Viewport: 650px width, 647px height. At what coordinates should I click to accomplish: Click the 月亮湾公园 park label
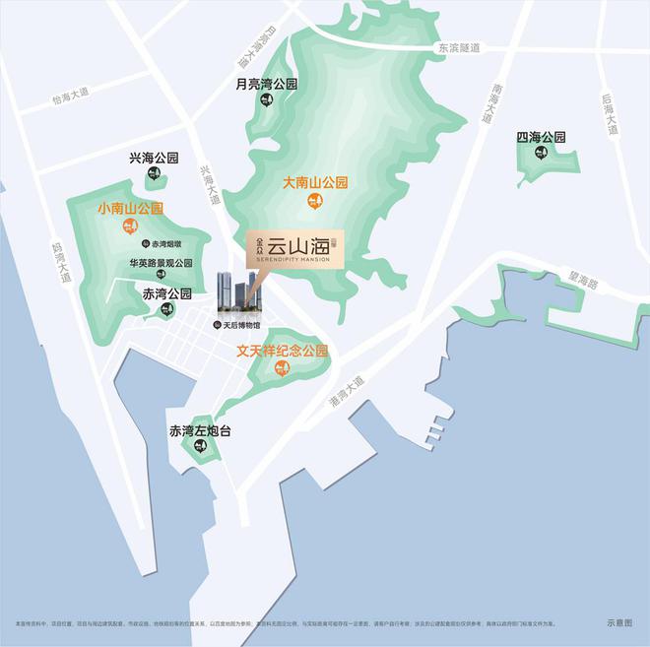(265, 86)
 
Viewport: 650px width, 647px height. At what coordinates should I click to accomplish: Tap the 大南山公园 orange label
(315, 183)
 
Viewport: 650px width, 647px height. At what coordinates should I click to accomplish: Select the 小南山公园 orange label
(130, 209)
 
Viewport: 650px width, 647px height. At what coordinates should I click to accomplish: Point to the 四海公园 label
(541, 138)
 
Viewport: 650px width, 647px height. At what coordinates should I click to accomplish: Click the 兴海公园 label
(154, 158)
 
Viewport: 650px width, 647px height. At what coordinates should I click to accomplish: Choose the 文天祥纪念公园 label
(283, 351)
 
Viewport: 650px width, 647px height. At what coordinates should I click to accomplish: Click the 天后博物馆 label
(241, 325)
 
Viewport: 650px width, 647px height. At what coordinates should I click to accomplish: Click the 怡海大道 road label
(71, 97)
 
